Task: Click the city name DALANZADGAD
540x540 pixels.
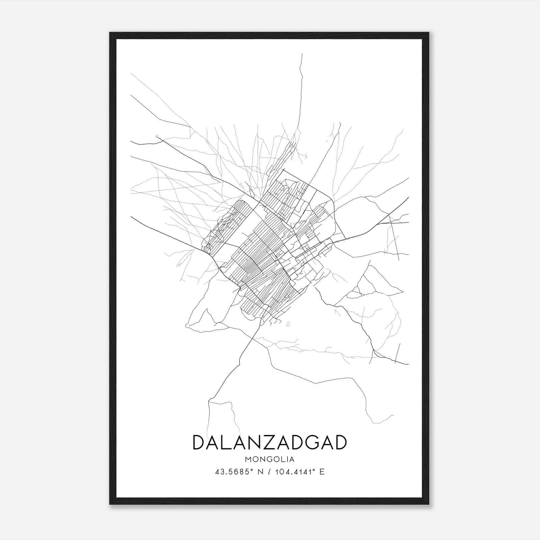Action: click(270, 442)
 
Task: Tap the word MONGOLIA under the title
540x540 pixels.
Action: click(270, 459)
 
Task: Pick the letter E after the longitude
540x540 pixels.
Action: click(322, 472)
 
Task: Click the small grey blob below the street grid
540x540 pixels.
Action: click(288, 324)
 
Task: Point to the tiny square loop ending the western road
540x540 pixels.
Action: click(156, 136)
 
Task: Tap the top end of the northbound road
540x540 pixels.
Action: click(302, 54)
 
